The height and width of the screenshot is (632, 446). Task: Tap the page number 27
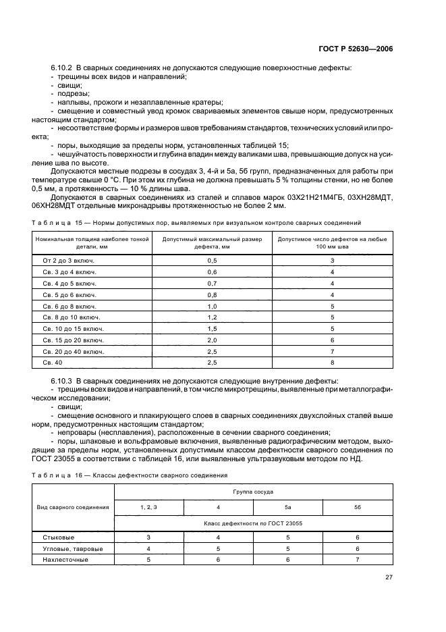click(389, 577)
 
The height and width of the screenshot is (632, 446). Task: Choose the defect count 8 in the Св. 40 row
click(332, 363)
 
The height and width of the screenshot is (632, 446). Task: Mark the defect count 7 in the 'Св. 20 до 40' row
click(332, 351)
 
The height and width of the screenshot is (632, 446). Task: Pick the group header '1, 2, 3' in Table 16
click(148, 507)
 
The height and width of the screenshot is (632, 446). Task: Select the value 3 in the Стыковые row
click(148, 537)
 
